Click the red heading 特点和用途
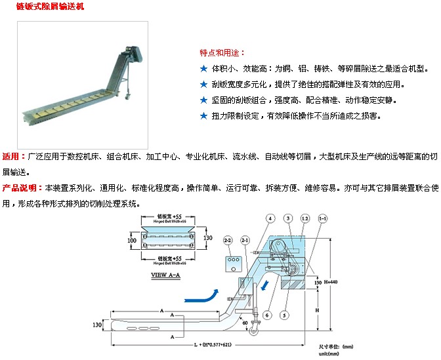(222, 52)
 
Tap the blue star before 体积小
(203, 68)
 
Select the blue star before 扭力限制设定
(203, 116)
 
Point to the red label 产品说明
(19, 188)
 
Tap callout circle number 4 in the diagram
(270, 218)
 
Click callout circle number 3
(287, 218)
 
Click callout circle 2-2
(228, 240)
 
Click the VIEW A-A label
(165, 276)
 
